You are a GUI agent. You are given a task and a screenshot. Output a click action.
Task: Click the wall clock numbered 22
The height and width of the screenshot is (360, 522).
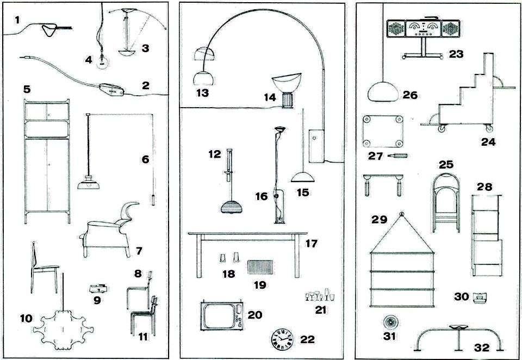tap(282, 340)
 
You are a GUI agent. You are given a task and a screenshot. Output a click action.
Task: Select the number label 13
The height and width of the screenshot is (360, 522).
tap(202, 92)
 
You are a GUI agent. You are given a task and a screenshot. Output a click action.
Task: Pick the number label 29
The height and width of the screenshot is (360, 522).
tap(379, 220)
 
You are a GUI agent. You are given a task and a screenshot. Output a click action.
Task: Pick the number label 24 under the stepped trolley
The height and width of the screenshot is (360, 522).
tap(488, 143)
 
